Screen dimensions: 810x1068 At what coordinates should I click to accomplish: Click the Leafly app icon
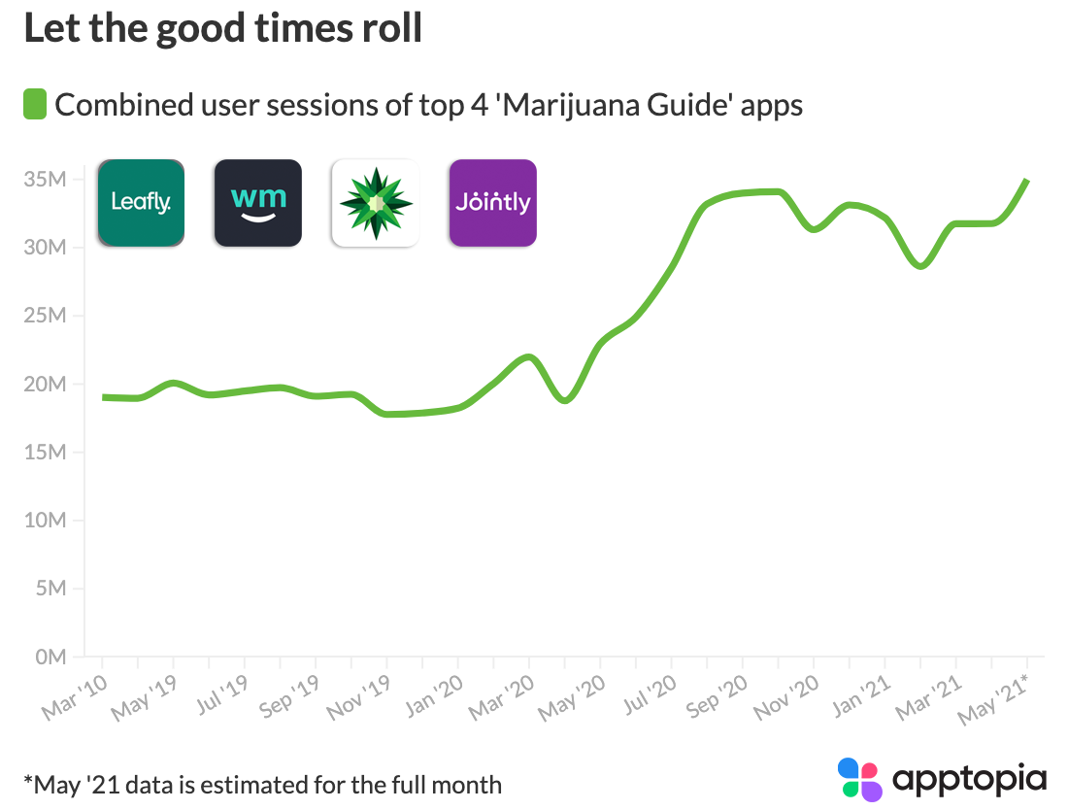pos(141,202)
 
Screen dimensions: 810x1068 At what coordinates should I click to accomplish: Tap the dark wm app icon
pos(257,202)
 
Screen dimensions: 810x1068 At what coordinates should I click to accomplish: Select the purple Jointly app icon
pos(492,202)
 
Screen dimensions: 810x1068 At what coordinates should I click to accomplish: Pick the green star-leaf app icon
pos(375,202)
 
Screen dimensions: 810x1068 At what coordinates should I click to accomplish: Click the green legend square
pos(35,104)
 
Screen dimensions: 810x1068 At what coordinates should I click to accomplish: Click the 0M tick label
pos(50,657)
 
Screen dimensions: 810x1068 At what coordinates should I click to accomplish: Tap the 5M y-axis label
pos(50,589)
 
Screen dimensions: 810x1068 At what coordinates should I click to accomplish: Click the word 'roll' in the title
pos(389,28)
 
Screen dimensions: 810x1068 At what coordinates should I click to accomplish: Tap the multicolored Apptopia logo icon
pos(859,780)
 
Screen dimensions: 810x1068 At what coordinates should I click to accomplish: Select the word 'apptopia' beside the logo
pos(968,779)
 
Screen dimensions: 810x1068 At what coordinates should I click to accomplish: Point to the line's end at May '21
pos(1027,181)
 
